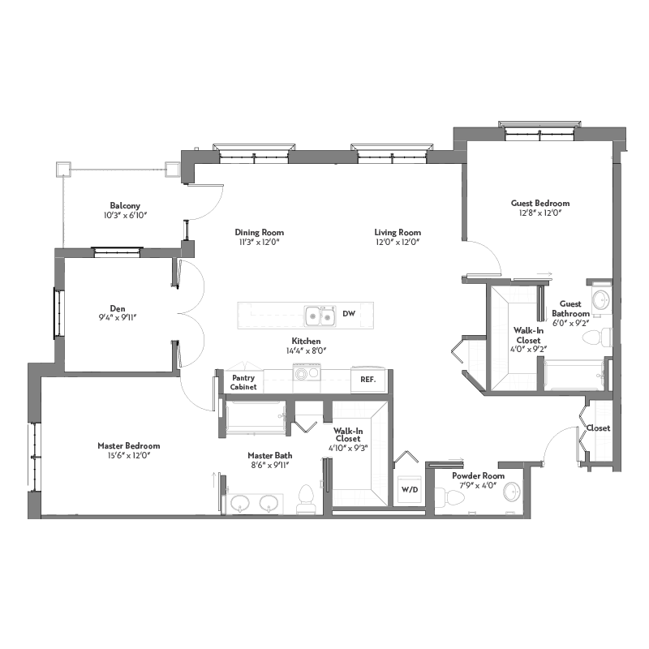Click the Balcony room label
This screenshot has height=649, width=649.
125,206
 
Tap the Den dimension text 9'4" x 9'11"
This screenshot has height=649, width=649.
118,318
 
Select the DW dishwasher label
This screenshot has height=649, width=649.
349,314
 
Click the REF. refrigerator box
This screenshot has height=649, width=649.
368,379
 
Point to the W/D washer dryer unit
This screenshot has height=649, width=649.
410,490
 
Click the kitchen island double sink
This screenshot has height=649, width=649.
320,316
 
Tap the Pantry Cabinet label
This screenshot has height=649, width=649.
243,382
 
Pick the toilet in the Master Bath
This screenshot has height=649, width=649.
307,499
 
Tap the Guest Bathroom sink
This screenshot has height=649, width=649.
600,299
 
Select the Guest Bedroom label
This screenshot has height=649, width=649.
540,204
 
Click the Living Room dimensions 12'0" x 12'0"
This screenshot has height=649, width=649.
398,243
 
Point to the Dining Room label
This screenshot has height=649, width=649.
260,233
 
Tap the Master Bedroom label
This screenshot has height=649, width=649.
129,445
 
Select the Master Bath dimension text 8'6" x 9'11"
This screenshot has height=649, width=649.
270,465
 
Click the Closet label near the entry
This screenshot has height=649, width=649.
598,428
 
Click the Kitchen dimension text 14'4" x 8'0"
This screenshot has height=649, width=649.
307,351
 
